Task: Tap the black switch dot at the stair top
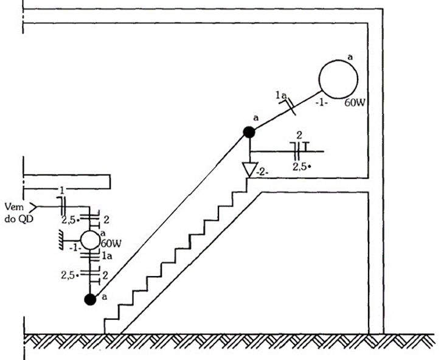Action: pos(249,132)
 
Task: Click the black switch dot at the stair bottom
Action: pos(90,300)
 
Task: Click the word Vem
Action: pos(15,207)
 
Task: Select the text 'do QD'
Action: pos(19,218)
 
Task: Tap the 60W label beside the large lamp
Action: pos(355,103)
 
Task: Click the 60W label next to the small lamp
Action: pos(111,243)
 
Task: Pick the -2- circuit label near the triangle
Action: pos(262,172)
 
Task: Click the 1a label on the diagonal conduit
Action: pos(281,95)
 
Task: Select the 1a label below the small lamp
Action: pos(106,256)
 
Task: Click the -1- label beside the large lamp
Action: pos(321,103)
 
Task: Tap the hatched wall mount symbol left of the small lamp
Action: pos(61,240)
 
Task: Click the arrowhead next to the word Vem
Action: pos(33,207)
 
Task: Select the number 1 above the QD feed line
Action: pos(62,191)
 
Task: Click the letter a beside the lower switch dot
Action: pos(105,297)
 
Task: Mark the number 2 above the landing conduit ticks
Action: pos(299,136)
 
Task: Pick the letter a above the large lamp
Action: pos(350,57)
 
